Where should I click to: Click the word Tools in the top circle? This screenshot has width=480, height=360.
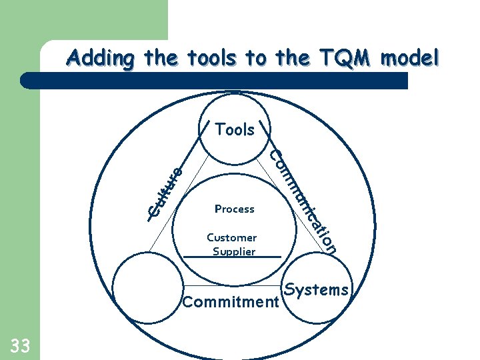(x=235, y=129)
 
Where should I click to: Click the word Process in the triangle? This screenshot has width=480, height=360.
(x=235, y=209)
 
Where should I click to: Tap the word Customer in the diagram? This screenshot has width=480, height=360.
(x=231, y=237)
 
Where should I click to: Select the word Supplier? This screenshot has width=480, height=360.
(x=234, y=251)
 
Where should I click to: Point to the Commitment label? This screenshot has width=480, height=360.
(x=230, y=303)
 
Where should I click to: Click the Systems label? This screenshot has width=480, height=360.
(x=317, y=289)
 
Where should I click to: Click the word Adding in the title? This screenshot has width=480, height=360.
(x=101, y=59)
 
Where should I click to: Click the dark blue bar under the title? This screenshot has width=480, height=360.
(x=213, y=81)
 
